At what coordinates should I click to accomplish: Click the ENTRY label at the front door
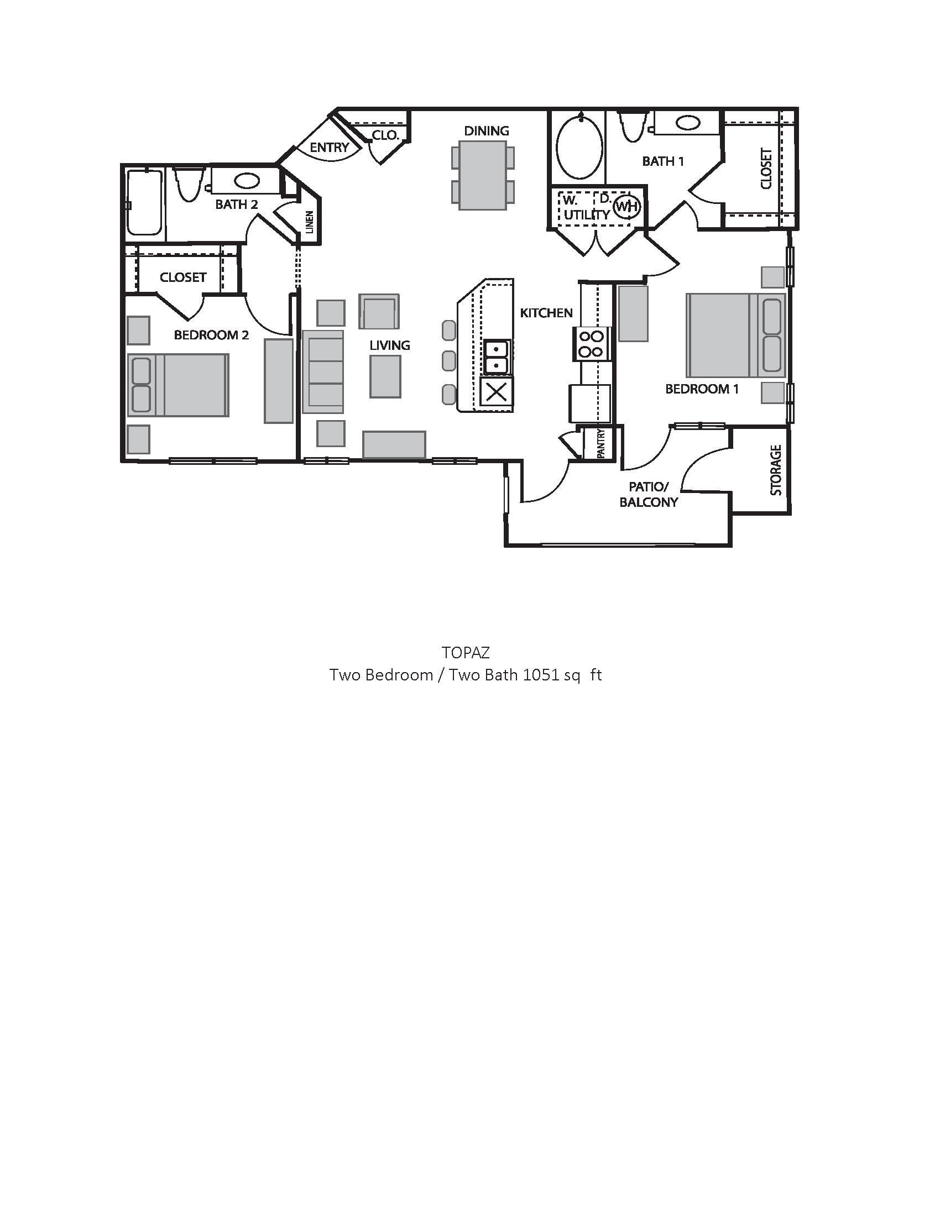coord(329,148)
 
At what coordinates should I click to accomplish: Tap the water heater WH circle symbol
coord(626,207)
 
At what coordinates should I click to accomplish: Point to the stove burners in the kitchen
coord(592,344)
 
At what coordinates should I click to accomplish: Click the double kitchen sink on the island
coord(495,357)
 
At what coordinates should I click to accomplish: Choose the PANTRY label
coord(601,444)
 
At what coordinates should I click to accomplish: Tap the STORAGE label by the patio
coord(776,470)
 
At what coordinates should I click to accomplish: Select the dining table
coord(482,175)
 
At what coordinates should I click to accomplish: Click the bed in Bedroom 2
coord(178,385)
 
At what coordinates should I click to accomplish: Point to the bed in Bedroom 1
coord(735,336)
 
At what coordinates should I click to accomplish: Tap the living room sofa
coord(323,372)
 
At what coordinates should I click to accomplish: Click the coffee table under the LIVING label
coord(385,376)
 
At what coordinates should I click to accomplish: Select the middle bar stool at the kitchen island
coord(449,361)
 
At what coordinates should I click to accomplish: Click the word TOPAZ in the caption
coord(466,652)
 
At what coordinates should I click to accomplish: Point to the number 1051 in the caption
coord(540,675)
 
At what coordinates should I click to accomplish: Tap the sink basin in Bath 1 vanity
coord(689,123)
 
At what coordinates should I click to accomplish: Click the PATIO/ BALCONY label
coord(648,495)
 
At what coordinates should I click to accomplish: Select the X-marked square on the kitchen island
coord(496,392)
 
